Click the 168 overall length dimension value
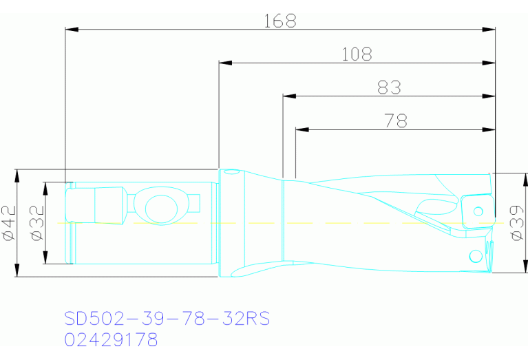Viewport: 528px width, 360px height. point(279,21)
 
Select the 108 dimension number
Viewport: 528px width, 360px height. point(357,54)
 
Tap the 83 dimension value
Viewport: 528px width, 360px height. point(389,87)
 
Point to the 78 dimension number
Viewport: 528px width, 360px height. point(395,121)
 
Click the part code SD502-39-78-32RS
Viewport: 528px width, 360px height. point(167,319)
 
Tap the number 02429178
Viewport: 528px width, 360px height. point(111,340)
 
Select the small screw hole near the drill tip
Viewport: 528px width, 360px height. point(474,257)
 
